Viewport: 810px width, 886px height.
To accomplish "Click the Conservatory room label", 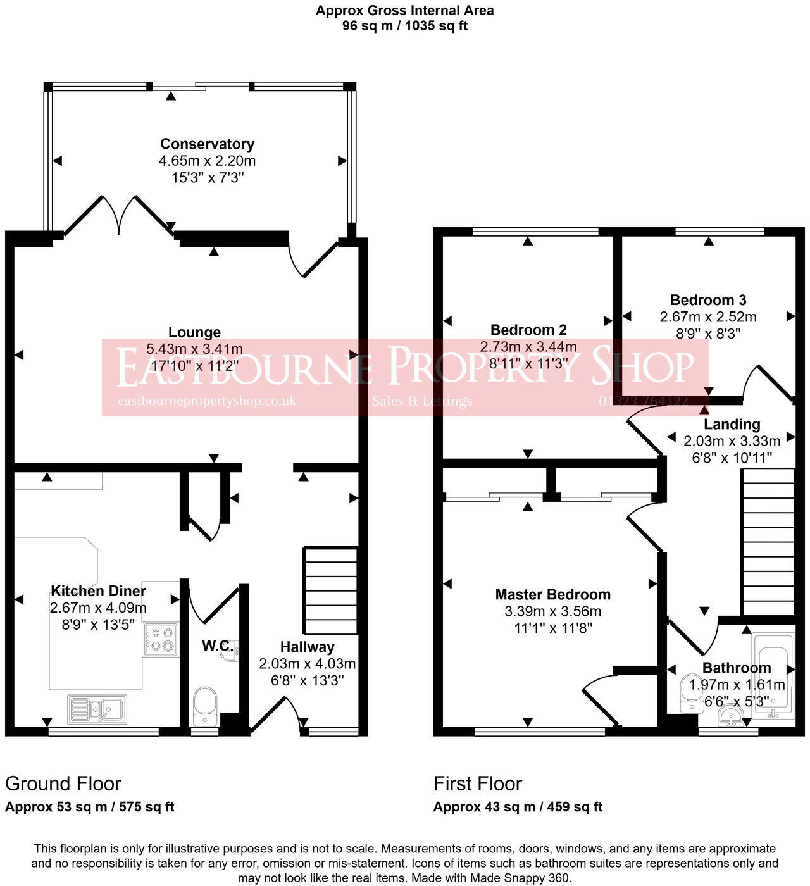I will pos(207,144).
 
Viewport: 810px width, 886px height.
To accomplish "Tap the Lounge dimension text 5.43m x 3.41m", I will pos(194,349).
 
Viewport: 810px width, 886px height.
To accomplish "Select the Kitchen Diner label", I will pos(98,591).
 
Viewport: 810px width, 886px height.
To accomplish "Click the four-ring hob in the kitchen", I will pos(161,639).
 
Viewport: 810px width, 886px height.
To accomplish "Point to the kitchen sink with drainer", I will pos(97,709).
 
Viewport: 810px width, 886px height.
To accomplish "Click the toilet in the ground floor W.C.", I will pos(204,704).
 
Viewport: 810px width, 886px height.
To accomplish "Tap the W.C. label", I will pos(216,646).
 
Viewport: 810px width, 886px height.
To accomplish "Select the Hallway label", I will pos(307,647).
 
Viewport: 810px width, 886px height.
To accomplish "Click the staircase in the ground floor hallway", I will pos(331,590).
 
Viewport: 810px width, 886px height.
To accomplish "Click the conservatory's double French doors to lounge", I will pos(119,215).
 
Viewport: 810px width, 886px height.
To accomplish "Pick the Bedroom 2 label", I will pos(528,330).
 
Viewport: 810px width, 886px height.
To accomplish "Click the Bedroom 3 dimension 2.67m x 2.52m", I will pos(708,316).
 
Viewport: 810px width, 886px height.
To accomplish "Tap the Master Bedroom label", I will pos(552,594).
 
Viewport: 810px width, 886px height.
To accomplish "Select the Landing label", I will pos(732,424).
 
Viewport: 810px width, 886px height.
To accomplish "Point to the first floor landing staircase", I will pos(768,541).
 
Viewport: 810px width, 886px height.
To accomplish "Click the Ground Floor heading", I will pos(63,783).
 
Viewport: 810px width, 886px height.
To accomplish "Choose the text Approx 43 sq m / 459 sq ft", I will pos(518,807).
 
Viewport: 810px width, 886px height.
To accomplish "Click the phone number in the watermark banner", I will pos(643,401).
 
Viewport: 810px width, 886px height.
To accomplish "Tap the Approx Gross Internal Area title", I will pos(405,11).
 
